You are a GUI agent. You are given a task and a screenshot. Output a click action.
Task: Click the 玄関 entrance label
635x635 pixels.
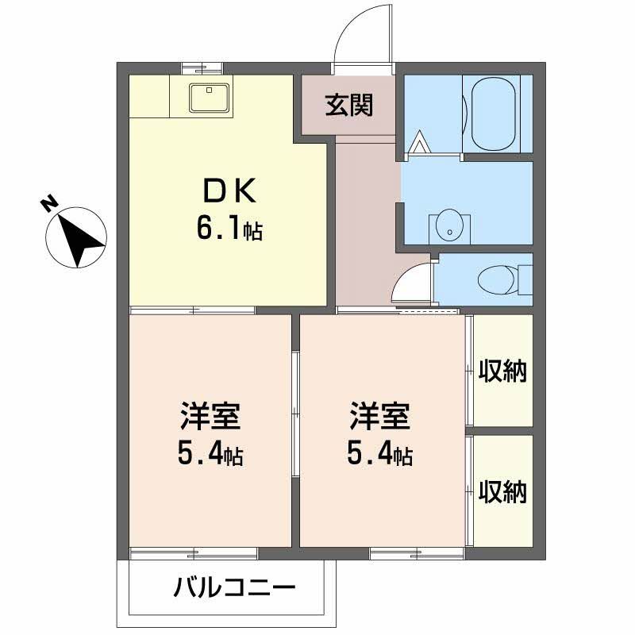[x=348, y=105]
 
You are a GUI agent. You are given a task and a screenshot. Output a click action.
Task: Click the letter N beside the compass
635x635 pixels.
[x=49, y=205]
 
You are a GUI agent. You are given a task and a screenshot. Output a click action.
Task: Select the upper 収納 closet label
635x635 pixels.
[x=502, y=371]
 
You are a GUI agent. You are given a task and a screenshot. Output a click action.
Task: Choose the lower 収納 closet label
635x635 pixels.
[x=502, y=492]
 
